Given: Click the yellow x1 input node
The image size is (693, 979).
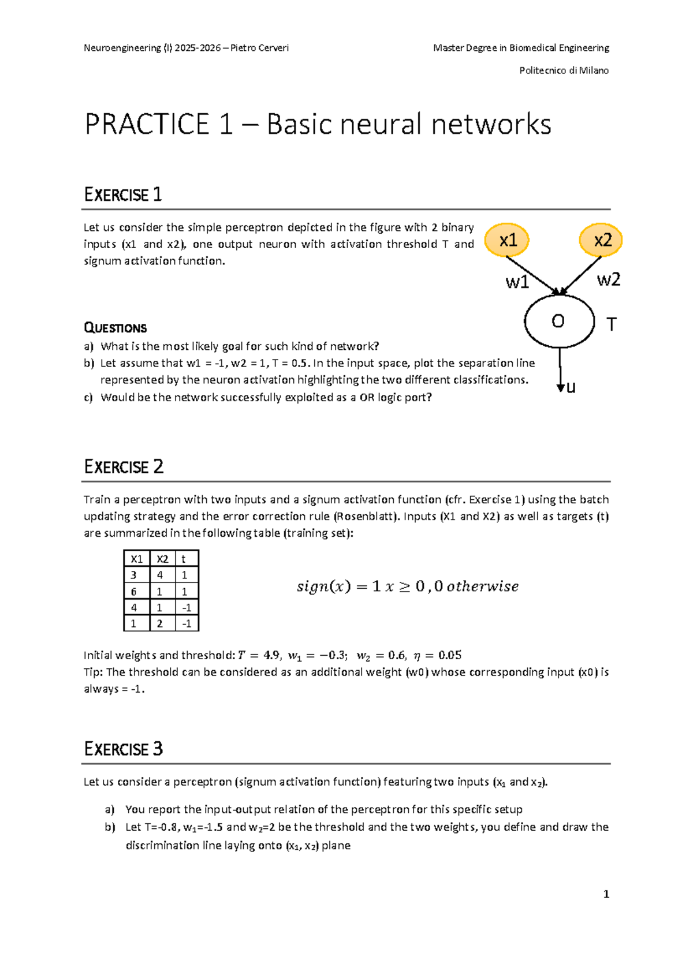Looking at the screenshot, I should (x=507, y=240).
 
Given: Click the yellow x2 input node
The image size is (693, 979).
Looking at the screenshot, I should (x=601, y=240).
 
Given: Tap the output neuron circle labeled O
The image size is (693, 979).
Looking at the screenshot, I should (x=558, y=321).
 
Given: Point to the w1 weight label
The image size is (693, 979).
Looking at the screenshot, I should (x=517, y=282).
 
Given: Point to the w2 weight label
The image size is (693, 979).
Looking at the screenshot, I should (x=608, y=280).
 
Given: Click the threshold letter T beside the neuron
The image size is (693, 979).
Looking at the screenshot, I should (x=611, y=324).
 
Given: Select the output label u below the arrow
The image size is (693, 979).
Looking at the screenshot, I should (x=571, y=387).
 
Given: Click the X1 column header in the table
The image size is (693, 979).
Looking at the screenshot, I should (x=136, y=559).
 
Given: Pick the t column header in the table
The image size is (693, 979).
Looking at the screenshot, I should (x=184, y=559).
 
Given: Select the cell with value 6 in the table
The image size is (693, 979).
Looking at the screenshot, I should (x=134, y=591).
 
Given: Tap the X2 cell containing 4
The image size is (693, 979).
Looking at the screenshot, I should (x=160, y=575).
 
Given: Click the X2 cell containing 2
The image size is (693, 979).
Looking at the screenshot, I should (x=160, y=623).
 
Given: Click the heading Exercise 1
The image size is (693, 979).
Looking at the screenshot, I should (x=123, y=195).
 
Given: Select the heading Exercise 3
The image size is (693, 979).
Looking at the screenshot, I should (x=124, y=749).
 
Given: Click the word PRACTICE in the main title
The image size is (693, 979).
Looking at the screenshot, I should (x=147, y=125).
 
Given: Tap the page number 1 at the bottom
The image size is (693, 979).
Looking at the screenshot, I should (x=606, y=894).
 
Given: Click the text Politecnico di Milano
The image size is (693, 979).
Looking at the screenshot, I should (x=564, y=70).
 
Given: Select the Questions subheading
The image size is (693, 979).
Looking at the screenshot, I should (x=115, y=328).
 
